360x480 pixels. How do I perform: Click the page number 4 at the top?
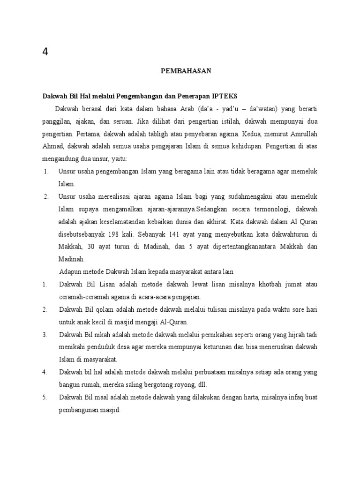coord(45,52)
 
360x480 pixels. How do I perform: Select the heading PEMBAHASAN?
coord(187,71)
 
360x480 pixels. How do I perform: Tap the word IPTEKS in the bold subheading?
coord(225,96)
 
